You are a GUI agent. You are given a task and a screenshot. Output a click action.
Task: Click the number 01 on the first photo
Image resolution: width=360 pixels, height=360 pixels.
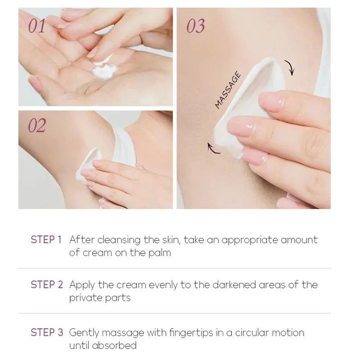[x=37, y=26]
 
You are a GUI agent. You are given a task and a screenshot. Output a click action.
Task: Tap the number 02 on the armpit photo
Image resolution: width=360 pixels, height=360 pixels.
[x=37, y=126]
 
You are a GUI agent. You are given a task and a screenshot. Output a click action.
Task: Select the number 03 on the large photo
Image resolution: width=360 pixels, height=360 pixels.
[x=195, y=26]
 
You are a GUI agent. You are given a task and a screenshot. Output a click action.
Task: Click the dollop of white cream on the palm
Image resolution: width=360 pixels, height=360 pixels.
[x=104, y=71]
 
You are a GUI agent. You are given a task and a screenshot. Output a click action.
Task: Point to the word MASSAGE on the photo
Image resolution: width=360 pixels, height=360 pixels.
[x=228, y=90]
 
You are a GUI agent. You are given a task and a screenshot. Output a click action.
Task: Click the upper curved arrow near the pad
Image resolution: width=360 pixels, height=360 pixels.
[x=290, y=67]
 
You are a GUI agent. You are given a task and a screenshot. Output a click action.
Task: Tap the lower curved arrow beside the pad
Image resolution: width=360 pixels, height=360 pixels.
[x=213, y=148]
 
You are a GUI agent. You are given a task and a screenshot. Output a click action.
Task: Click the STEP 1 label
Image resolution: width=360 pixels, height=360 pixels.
[x=46, y=240]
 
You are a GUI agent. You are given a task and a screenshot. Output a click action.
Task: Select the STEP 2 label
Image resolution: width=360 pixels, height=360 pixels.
[x=47, y=285]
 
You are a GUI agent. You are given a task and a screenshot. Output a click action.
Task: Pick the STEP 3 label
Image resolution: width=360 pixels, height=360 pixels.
[x=47, y=333]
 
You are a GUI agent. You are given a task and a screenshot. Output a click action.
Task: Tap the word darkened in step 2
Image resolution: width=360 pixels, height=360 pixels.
[x=234, y=285]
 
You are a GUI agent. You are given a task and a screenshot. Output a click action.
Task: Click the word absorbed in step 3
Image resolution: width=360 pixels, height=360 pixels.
[x=114, y=345]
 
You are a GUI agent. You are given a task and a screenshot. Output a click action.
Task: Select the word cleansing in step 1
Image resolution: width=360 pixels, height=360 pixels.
[x=119, y=240]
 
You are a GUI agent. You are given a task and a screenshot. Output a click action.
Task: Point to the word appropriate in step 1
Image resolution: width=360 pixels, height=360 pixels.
[x=249, y=240]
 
